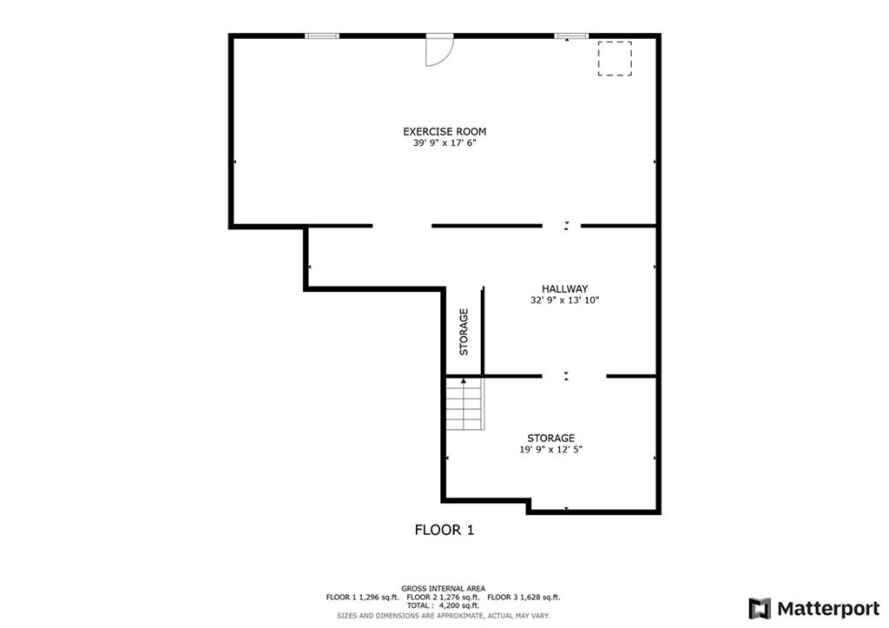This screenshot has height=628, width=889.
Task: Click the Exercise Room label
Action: [x=444, y=132]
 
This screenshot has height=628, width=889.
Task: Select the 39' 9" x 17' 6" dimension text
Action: [x=444, y=143]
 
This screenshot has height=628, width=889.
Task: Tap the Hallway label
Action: [x=564, y=288]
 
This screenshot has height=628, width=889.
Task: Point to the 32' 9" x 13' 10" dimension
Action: [x=564, y=300]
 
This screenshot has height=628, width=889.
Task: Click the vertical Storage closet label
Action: [x=464, y=332]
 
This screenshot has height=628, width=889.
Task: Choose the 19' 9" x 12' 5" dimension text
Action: [x=551, y=450]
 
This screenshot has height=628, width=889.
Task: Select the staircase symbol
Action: [x=465, y=404]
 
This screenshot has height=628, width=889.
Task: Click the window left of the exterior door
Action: [x=322, y=36]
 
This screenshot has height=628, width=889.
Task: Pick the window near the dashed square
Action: [x=571, y=36]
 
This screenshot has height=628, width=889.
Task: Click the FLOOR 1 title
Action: [x=444, y=531]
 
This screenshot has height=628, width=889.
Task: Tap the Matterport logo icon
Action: [x=760, y=609]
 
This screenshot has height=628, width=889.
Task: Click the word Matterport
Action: [x=828, y=609]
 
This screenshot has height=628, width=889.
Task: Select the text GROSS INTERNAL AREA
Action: [x=444, y=589]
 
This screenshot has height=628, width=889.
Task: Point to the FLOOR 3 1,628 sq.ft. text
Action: [x=524, y=598]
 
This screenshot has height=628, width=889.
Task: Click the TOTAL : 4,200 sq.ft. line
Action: [x=443, y=606]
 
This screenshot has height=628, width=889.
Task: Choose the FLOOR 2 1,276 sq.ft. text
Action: [x=444, y=598]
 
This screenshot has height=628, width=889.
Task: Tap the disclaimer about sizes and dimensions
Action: [x=444, y=616]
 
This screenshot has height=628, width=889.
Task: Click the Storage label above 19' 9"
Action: [x=551, y=439]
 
